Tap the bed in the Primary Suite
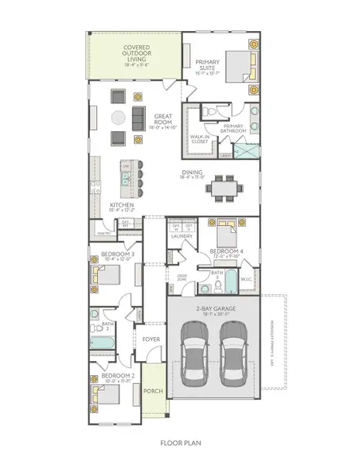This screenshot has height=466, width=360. tap(237, 68)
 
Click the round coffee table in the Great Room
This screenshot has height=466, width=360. tap(117, 118)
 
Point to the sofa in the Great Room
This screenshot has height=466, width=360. tap(138, 118)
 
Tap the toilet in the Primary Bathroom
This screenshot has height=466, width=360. tap(207, 114)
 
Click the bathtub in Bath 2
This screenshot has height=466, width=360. tap(102, 341)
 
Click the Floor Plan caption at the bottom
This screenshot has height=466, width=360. tap(179, 444)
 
